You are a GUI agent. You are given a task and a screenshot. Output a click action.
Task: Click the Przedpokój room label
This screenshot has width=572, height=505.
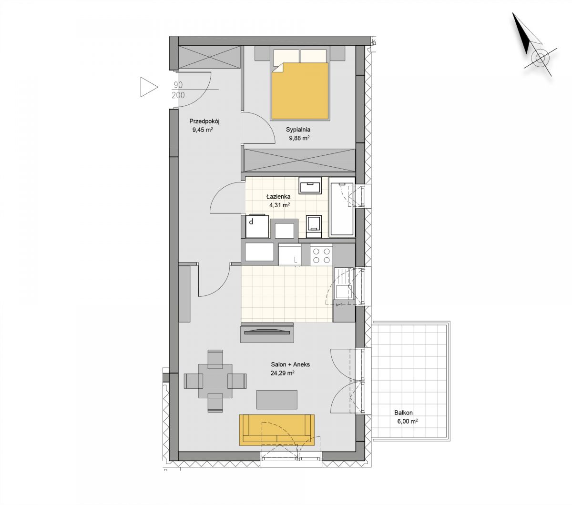(204, 121)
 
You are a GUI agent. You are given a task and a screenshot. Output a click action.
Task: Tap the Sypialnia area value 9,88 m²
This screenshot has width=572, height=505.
(298, 138)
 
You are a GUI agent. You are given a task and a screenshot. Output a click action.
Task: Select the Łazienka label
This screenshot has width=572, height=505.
(278, 196)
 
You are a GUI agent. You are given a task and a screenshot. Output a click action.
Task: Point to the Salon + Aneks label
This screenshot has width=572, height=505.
(290, 364)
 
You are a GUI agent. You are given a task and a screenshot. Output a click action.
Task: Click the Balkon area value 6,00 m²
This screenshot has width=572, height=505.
(408, 422)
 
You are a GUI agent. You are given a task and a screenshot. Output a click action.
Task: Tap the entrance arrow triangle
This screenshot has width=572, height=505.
(149, 87)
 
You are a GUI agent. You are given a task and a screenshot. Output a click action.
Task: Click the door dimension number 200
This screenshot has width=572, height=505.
(178, 95)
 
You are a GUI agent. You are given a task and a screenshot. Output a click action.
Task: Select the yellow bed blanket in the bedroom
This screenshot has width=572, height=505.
(300, 91)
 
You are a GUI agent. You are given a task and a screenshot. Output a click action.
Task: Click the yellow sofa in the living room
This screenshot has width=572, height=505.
(276, 430)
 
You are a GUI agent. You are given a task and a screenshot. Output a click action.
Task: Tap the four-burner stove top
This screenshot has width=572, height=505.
(322, 255)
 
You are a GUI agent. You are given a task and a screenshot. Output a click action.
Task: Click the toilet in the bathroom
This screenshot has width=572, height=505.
(314, 226)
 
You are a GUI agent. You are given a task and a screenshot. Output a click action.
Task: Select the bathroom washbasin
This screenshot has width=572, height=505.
(310, 186)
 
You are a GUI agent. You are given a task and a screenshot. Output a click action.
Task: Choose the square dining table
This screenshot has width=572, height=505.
(215, 381)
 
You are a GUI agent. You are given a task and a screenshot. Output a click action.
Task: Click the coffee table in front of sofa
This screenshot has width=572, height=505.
(276, 399)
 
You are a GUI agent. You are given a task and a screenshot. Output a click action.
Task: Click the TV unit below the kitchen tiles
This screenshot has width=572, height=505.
(267, 333)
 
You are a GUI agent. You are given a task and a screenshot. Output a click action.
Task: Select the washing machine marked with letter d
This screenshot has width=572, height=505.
(257, 226)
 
